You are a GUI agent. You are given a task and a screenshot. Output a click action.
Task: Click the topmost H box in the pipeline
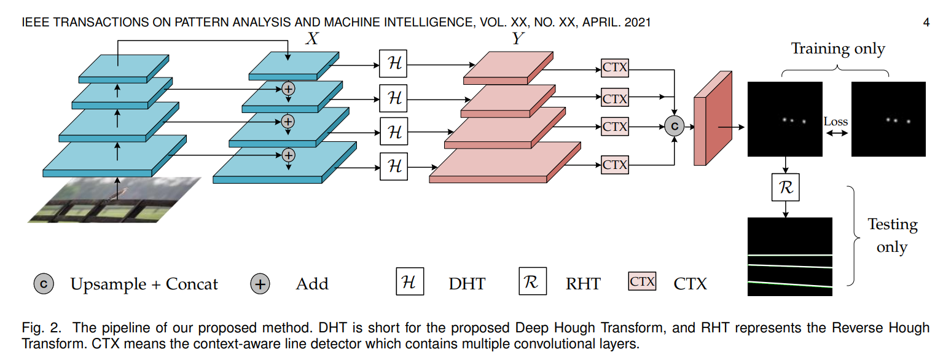394,64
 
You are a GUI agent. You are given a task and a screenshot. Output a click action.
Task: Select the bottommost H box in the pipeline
394,166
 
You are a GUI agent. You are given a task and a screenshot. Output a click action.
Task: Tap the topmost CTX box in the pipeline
615,68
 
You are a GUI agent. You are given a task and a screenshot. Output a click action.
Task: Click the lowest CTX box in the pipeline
615,165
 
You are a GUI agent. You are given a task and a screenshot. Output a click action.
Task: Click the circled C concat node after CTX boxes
674,126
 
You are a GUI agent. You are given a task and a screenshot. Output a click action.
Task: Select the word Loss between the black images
835,122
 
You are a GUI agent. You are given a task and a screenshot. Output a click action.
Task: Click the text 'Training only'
838,49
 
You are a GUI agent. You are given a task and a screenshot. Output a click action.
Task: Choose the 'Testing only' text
892,235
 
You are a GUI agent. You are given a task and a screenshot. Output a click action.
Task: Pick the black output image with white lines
789,256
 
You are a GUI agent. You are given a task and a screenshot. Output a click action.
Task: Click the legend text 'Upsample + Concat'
144,284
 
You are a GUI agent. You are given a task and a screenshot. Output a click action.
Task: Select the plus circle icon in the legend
260,284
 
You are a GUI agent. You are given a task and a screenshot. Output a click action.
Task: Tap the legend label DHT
467,284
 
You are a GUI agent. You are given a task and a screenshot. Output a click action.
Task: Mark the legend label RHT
582,284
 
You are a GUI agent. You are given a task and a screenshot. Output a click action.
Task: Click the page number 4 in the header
926,23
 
